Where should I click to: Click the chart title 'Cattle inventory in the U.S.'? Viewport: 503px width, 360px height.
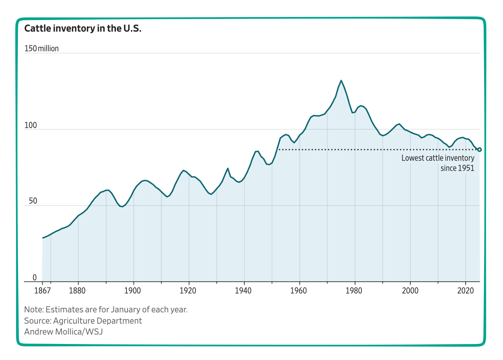(x=83, y=28)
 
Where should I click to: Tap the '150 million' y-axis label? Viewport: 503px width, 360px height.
(x=41, y=48)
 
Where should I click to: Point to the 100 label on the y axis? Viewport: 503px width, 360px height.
(x=31, y=125)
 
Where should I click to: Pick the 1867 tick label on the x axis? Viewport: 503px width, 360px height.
(x=42, y=291)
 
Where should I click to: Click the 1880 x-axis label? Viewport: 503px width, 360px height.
(x=77, y=291)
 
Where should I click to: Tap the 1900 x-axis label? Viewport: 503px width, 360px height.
(x=133, y=291)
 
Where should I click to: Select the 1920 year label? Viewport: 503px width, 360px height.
(x=188, y=291)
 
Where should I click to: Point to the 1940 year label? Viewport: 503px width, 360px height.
(x=244, y=291)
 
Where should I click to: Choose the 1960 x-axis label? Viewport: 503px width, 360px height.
(x=299, y=291)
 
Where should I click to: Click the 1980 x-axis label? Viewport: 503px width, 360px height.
(x=354, y=291)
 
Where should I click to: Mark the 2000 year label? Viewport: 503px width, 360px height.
(x=410, y=291)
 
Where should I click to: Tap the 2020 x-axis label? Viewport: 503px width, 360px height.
(x=465, y=291)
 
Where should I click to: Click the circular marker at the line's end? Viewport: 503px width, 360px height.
(x=479, y=149)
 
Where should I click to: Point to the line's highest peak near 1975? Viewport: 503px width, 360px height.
(x=341, y=81)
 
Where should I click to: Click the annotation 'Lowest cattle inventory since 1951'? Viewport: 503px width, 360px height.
(x=438, y=163)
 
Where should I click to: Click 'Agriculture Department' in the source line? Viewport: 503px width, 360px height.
(x=97, y=321)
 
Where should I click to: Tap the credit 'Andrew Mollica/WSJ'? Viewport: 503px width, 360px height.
(x=64, y=332)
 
